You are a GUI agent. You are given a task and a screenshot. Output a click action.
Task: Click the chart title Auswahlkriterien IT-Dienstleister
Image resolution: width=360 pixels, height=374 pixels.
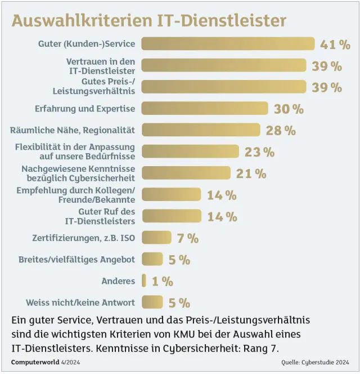coord(149,21)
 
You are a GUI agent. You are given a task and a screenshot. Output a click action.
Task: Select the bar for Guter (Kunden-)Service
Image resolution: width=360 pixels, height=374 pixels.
coord(228,44)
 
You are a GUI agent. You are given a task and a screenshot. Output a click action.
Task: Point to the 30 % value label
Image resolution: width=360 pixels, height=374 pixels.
coord(289,109)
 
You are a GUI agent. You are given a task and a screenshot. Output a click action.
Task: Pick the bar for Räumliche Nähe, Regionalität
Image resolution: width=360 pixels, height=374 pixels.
coord(201,130)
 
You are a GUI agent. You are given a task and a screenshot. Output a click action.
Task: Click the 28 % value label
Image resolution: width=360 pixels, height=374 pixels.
coord(281,131)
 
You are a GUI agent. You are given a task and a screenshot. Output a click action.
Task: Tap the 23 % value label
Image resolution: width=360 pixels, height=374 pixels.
coord(259,152)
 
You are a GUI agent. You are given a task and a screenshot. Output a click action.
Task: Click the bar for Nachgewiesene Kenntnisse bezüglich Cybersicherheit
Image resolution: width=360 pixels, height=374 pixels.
coord(186,173)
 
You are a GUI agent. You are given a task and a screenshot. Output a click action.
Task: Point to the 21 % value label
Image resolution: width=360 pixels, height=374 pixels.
coord(251,173)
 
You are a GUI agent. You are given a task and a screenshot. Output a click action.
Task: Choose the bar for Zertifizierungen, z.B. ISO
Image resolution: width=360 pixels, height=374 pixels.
coord(156,238)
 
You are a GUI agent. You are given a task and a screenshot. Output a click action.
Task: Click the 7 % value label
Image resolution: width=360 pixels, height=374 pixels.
coord(188,238)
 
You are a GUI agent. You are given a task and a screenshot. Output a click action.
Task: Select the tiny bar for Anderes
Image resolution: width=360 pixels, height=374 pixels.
coord(144,280)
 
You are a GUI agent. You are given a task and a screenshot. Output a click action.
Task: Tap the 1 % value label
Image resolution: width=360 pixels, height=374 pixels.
coord(163,281)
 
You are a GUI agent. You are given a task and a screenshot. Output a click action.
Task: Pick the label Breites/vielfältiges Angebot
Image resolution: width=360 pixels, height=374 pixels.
coord(76,259)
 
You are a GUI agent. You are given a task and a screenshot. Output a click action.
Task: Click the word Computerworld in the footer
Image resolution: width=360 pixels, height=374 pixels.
coord(33,361)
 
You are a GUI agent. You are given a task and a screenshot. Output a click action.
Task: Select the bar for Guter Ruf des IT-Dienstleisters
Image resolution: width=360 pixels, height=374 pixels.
coord(171,216)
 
